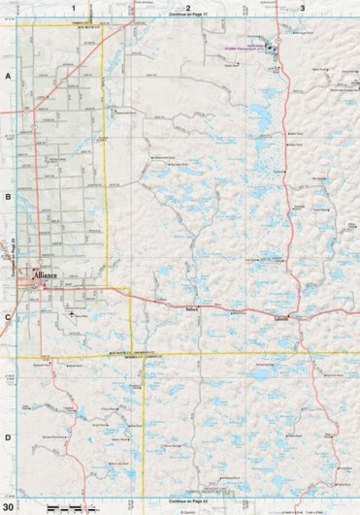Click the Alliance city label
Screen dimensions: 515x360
(46, 276)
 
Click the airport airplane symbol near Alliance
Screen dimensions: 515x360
(71, 313)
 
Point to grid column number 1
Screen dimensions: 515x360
(73, 8)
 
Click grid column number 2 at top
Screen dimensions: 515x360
(188, 8)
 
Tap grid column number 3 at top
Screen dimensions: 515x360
(303, 8)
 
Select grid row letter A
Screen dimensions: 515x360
(7, 74)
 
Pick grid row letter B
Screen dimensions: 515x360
(7, 195)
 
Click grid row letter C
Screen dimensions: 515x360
(7, 317)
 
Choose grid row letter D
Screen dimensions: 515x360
(7, 437)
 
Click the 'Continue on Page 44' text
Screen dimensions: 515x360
(188, 500)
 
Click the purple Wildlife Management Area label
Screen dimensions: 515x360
(263, 47)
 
